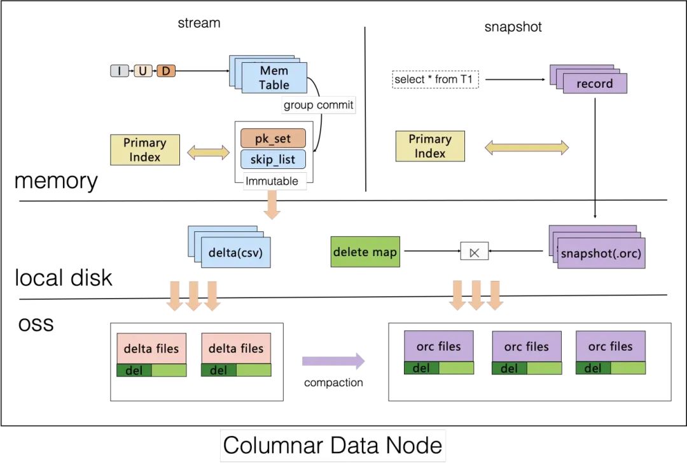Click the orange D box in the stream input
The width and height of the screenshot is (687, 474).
165,71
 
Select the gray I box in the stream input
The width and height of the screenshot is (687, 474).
120,71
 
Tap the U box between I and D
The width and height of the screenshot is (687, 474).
142,71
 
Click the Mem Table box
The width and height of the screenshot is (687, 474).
274,78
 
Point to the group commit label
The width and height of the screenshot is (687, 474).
318,105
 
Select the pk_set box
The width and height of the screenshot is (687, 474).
273,138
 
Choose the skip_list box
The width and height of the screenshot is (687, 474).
273,159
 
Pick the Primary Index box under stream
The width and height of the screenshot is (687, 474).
144,150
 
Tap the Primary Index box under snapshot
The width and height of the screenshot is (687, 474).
430,146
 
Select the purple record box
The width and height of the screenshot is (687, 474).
595,83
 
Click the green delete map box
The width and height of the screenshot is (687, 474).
365,252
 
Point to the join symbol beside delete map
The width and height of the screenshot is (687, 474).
472,252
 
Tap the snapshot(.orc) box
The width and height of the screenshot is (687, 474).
601,254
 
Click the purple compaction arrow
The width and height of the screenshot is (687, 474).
333,362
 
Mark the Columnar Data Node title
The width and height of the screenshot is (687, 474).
333,445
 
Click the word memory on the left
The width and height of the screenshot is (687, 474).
56,181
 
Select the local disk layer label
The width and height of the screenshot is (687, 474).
64,278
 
